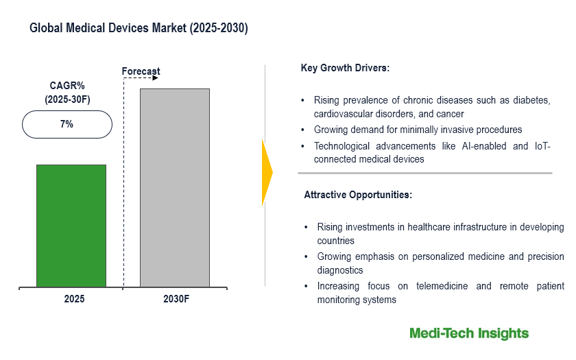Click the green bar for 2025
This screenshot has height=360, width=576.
(x=71, y=226)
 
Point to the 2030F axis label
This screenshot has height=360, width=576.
(x=174, y=300)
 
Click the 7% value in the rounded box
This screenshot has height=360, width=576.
(x=67, y=125)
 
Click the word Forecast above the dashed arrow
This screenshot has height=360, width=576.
(x=141, y=71)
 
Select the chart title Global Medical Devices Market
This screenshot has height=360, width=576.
(x=139, y=29)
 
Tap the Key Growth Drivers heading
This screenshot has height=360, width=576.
(x=345, y=68)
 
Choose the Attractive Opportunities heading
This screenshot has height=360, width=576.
(x=358, y=195)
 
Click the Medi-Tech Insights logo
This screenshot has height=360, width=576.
(x=469, y=333)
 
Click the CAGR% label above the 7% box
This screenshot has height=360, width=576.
(x=67, y=86)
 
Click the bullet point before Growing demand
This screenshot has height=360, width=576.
(x=303, y=130)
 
